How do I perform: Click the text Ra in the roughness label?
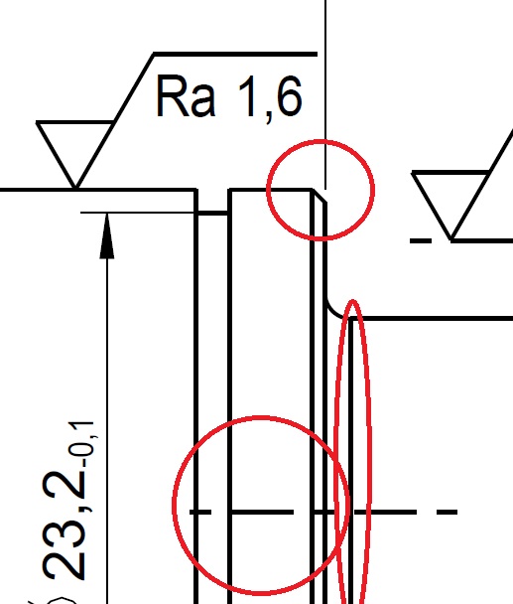(x=186, y=96)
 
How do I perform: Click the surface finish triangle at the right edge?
(x=451, y=205)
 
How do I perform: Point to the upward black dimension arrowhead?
(x=107, y=235)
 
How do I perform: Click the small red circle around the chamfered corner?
(x=321, y=190)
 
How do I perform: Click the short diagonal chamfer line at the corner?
(x=320, y=196)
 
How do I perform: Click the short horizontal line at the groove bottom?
(x=213, y=213)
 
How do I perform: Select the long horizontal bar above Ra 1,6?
(x=235, y=54)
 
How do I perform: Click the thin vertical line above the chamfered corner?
(x=325, y=94)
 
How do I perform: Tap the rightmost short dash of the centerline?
(x=447, y=512)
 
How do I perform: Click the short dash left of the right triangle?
(x=421, y=240)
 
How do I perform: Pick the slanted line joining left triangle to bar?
(x=115, y=120)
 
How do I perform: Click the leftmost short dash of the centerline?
(x=200, y=512)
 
